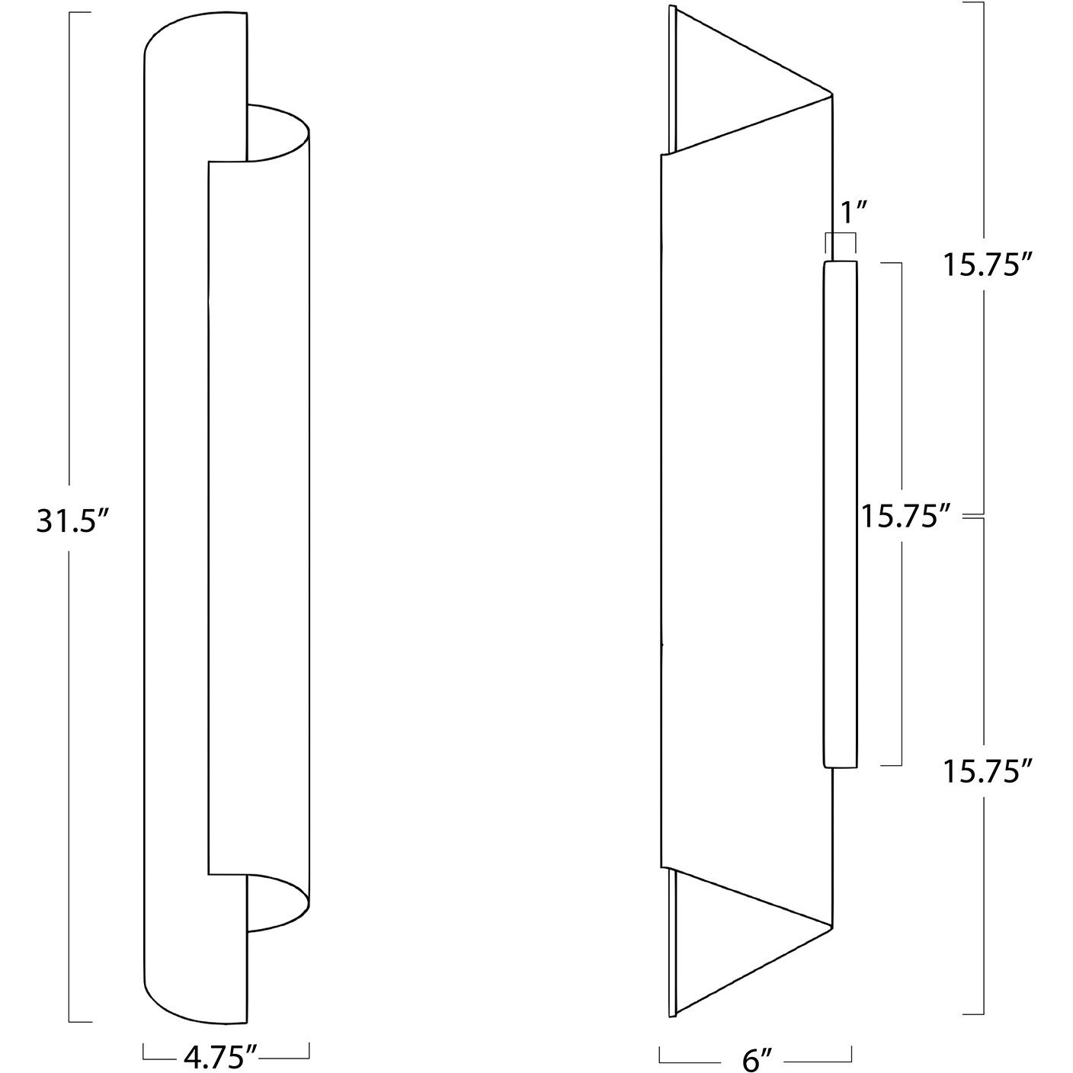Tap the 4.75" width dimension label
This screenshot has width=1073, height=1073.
[219, 1055]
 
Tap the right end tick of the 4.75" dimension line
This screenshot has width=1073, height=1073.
[309, 1050]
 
